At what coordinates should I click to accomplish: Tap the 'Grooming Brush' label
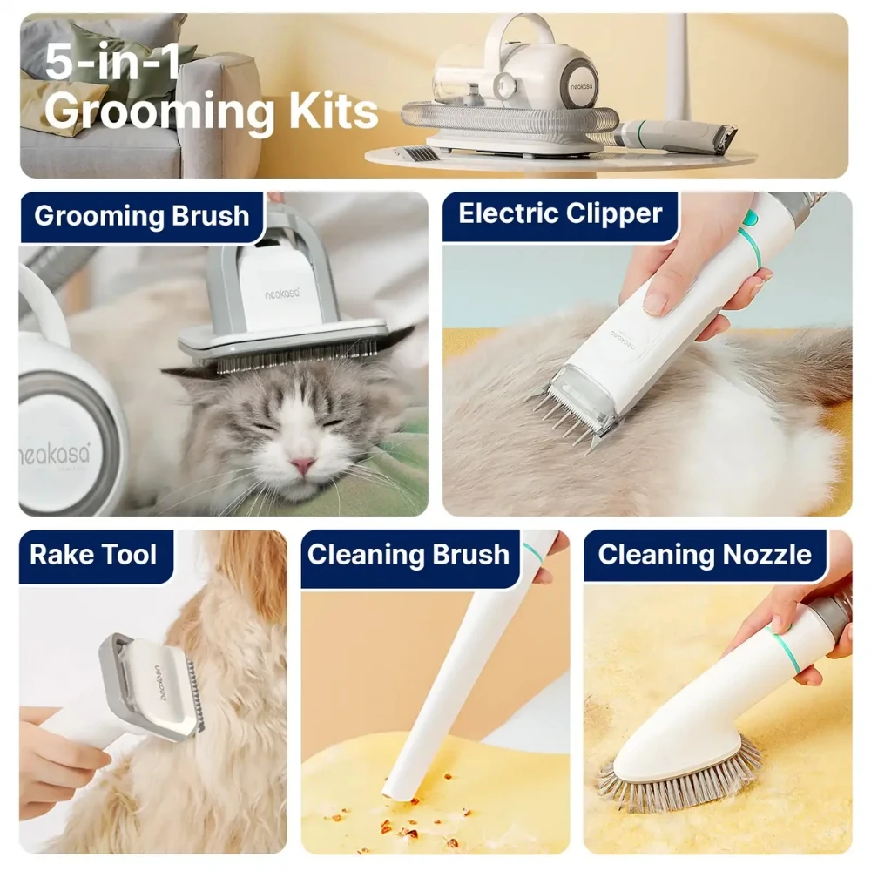click(x=142, y=215)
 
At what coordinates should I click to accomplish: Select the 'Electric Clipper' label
click(x=560, y=214)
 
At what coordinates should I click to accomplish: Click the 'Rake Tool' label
click(x=93, y=554)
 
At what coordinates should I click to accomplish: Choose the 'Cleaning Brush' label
click(x=408, y=554)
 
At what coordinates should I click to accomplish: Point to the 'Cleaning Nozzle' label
click(x=705, y=554)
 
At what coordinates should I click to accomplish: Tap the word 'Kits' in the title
click(x=334, y=111)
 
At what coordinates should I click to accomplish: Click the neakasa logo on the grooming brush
click(x=283, y=294)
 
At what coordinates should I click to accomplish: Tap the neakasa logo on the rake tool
click(x=165, y=682)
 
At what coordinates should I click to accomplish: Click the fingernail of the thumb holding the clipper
click(x=657, y=303)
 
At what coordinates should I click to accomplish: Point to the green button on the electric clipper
click(x=751, y=219)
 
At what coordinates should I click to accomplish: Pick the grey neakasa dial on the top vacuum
click(x=579, y=85)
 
